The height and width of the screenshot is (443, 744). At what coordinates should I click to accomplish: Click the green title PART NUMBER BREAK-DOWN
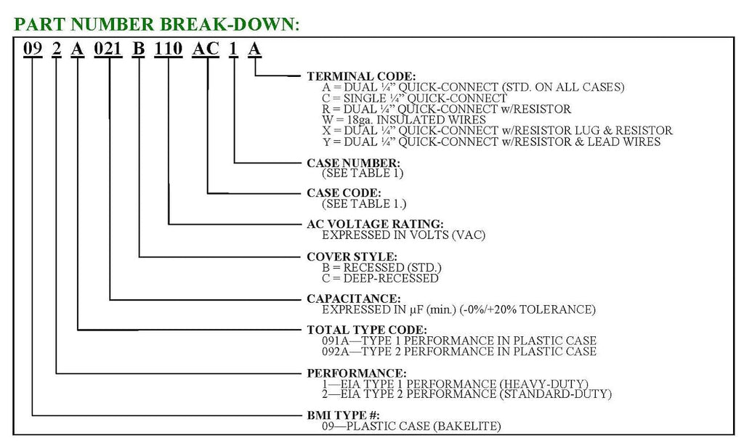(157, 24)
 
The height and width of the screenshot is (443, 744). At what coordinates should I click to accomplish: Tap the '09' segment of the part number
(33, 49)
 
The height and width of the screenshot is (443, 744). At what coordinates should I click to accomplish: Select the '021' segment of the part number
(108, 49)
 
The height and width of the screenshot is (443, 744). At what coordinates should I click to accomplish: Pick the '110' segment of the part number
(169, 49)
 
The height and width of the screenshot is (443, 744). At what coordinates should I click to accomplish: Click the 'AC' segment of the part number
(206, 49)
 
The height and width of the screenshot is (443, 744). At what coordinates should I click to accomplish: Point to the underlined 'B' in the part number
(138, 49)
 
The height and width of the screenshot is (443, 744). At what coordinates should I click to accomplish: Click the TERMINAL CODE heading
(361, 76)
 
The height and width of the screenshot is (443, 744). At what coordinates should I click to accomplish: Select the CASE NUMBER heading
(354, 163)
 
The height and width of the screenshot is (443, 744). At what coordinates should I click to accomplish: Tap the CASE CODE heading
(344, 193)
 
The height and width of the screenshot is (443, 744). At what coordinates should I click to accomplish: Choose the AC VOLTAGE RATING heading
(376, 224)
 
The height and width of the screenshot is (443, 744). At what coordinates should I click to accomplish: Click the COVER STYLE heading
(352, 256)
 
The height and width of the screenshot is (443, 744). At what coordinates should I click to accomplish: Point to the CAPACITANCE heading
(354, 298)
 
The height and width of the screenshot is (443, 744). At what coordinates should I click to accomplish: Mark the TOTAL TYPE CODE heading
(367, 330)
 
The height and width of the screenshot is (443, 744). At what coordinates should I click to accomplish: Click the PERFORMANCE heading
(357, 373)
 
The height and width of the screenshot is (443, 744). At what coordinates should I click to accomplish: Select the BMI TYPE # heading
(344, 415)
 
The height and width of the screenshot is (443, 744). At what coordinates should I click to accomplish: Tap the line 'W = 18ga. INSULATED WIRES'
(404, 120)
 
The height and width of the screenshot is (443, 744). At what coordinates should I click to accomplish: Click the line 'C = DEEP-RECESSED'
(380, 278)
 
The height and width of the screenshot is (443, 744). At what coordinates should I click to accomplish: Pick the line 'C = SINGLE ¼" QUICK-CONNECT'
(414, 98)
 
